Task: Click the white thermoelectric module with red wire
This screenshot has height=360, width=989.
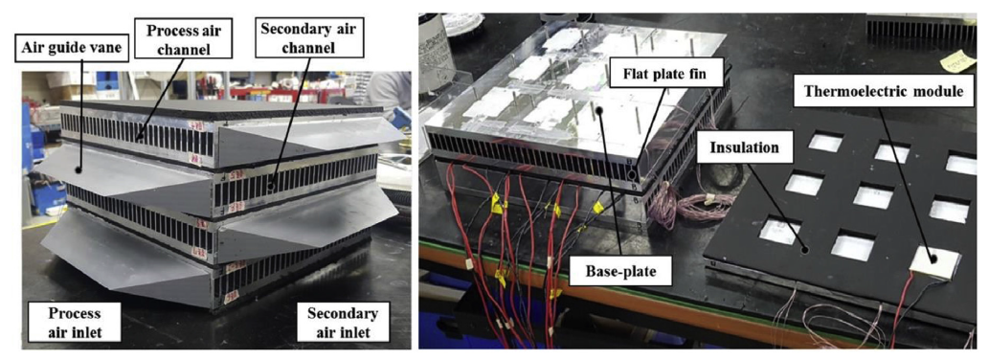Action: [x=935, y=259]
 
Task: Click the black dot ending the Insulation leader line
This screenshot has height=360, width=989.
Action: [x=806, y=249]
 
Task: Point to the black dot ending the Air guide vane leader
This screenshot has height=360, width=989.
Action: [x=79, y=169]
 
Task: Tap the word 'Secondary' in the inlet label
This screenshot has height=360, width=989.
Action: [x=342, y=313]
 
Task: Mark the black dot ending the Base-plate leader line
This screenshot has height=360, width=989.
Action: [x=601, y=112]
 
